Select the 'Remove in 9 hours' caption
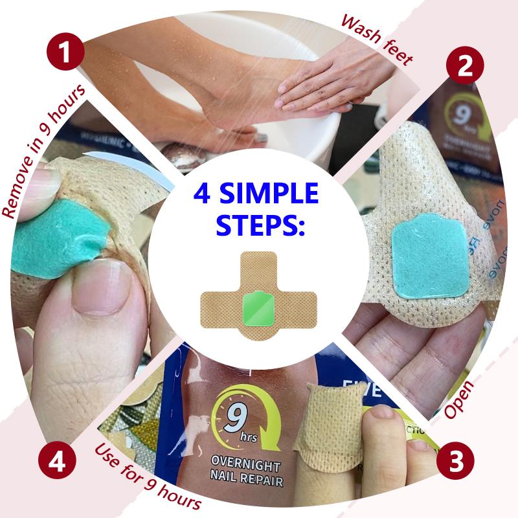(43, 152)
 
